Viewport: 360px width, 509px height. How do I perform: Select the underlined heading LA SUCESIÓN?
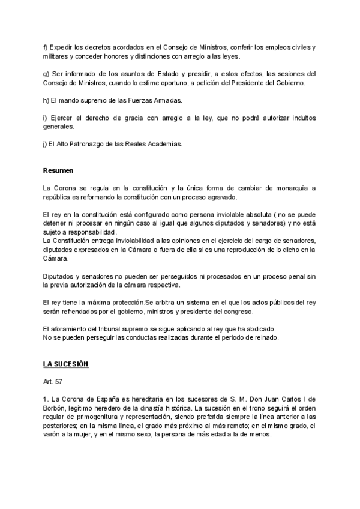point(66,364)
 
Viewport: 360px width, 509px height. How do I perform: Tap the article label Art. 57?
point(53,381)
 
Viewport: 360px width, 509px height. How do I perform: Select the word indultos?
point(298,118)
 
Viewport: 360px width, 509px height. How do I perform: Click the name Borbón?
point(55,408)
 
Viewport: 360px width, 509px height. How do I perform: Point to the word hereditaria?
point(151,399)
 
